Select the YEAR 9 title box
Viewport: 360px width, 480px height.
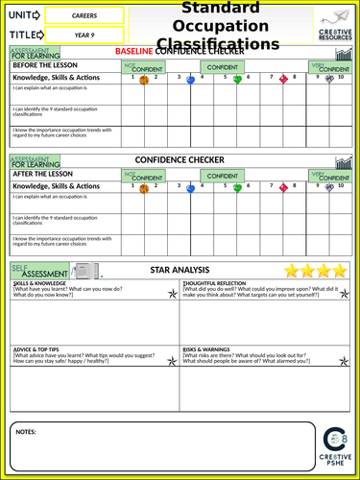(x=83, y=36)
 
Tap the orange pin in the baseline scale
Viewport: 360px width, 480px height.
(x=143, y=81)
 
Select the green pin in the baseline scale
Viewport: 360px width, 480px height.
(x=237, y=80)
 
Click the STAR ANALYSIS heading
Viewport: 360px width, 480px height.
(x=175, y=272)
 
